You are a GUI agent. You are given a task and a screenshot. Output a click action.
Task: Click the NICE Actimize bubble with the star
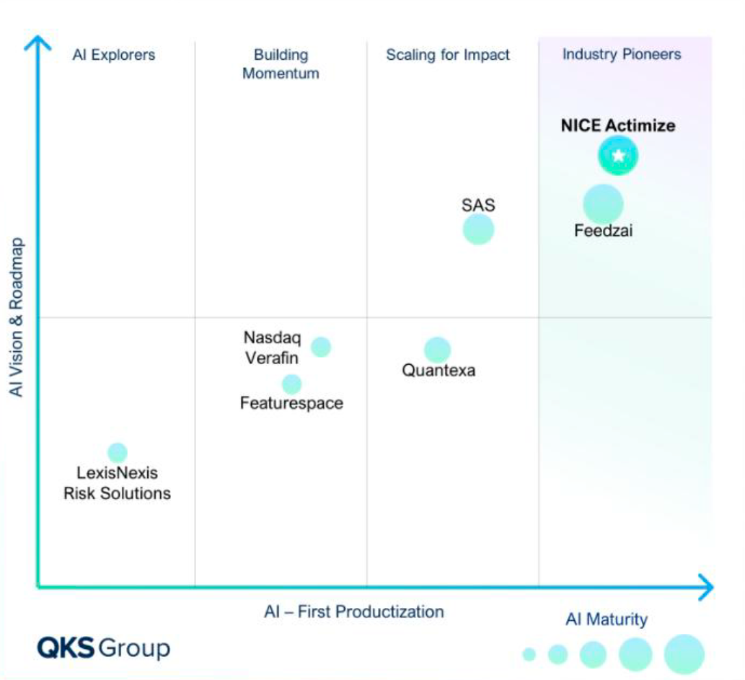(x=618, y=156)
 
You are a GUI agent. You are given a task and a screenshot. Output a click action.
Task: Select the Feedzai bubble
(x=603, y=204)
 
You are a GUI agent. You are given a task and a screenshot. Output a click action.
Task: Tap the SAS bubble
(x=478, y=229)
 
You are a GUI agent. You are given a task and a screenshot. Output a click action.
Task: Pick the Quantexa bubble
(x=437, y=350)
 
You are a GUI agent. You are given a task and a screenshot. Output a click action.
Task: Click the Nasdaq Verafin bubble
(x=321, y=347)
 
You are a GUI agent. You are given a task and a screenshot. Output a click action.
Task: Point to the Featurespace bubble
(x=291, y=384)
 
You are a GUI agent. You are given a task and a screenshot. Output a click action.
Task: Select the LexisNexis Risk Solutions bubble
(x=118, y=453)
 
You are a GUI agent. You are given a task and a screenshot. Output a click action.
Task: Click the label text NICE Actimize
(x=618, y=125)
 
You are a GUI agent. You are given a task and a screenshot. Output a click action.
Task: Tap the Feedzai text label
(x=603, y=231)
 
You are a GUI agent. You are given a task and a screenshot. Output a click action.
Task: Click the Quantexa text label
(x=438, y=371)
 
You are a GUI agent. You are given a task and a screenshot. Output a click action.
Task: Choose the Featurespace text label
(x=291, y=403)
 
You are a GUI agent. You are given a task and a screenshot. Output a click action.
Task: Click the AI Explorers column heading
(x=113, y=55)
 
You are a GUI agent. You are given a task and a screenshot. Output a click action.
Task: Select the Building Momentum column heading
(x=281, y=63)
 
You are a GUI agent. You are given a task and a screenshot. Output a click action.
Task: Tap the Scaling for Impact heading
(x=448, y=55)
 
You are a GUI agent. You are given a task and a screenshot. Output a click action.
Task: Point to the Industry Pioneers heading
(x=622, y=54)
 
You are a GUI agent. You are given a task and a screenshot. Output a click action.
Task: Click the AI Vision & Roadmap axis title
(x=17, y=317)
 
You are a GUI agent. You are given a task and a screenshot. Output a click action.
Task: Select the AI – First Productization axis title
(x=353, y=612)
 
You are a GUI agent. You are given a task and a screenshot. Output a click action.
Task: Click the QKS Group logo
(x=104, y=647)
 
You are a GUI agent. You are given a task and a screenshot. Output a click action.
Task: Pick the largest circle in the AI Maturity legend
(x=684, y=654)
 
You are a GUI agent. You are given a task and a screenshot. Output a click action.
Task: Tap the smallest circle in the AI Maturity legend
(x=529, y=654)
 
